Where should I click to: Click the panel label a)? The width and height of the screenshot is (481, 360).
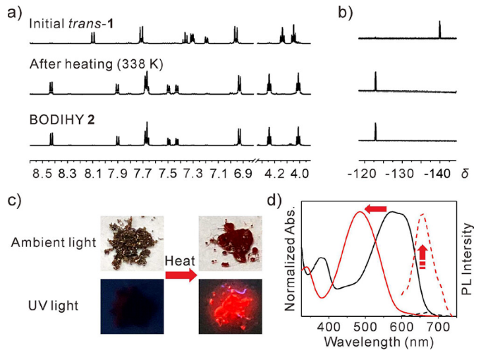(x=12, y=12)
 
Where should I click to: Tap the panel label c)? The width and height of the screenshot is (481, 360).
(x=12, y=200)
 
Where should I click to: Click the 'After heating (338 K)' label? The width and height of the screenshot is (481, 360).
(x=96, y=64)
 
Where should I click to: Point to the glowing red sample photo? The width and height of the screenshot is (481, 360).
(x=231, y=306)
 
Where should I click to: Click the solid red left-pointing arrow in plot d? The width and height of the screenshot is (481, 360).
(x=376, y=209)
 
